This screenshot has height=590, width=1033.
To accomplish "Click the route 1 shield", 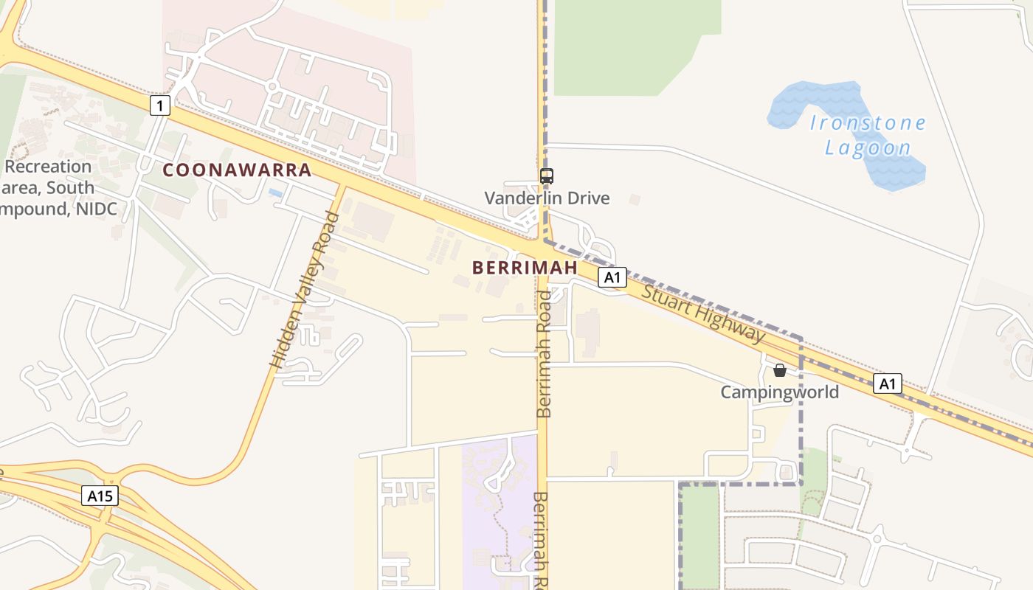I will (159, 105).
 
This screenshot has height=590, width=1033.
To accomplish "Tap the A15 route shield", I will (100, 496).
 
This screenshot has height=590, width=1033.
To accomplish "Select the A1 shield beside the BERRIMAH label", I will (612, 277).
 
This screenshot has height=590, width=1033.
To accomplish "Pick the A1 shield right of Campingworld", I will (888, 383).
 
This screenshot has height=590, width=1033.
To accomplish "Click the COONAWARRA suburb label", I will (237, 170).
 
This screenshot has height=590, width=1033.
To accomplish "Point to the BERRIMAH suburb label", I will (525, 267).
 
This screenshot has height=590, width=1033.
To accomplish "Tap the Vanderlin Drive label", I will (547, 198).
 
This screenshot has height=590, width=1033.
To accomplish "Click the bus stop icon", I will (547, 176).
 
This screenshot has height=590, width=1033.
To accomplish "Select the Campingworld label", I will (779, 392).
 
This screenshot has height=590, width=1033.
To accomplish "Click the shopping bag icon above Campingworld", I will (779, 370).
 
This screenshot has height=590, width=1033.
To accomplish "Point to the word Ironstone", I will (868, 122).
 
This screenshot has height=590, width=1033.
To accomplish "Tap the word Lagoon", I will (868, 147).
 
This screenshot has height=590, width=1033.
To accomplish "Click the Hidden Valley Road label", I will (304, 290).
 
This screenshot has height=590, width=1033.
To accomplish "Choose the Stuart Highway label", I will (703, 313).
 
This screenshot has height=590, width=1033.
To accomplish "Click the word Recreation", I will (47, 167).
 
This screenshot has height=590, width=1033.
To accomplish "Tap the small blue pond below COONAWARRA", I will (275, 192).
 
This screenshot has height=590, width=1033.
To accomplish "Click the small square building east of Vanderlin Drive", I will (634, 199).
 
